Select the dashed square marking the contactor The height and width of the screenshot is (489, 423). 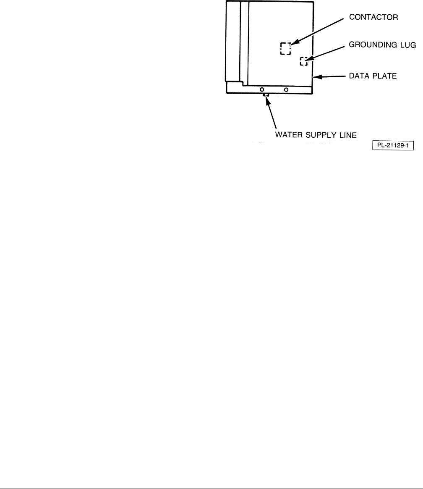[285, 49]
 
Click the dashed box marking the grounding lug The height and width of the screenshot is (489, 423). [303, 61]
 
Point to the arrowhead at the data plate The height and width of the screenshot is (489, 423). [318, 77]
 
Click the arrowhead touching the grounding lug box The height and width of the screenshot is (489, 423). [309, 60]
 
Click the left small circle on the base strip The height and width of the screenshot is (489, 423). [262, 89]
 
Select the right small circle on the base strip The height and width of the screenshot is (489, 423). [286, 89]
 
